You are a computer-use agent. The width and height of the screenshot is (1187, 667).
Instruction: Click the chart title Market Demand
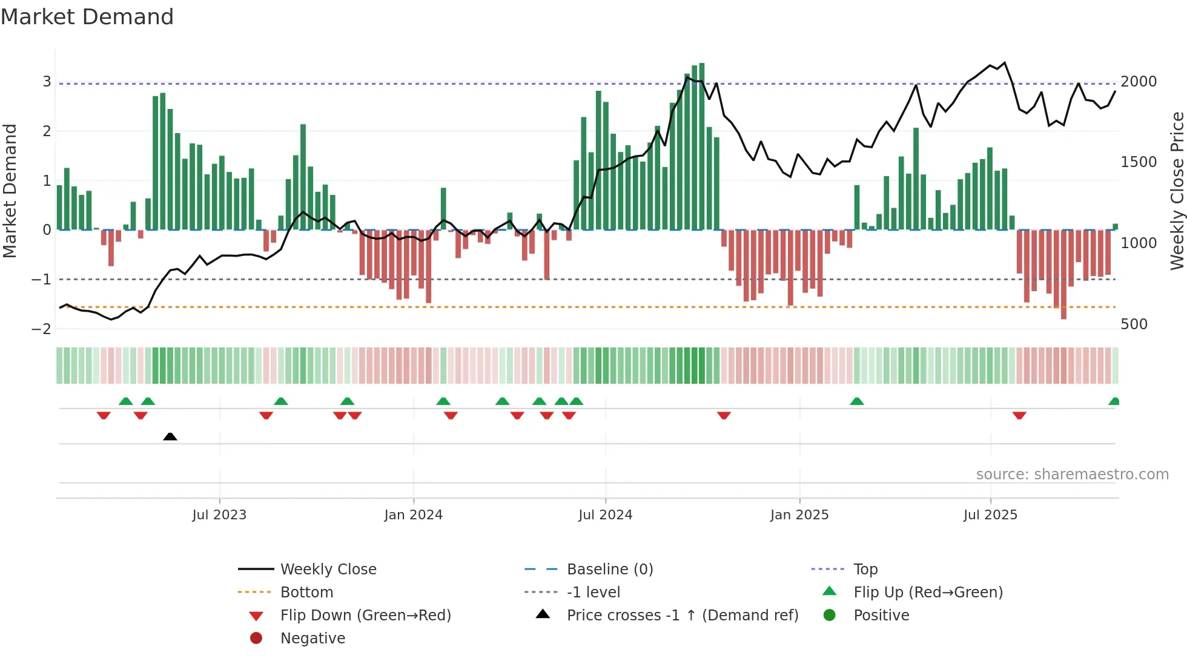[x=87, y=17]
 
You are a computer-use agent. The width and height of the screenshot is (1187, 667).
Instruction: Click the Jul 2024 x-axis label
[x=605, y=515]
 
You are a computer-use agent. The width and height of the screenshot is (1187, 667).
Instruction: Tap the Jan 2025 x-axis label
[x=799, y=515]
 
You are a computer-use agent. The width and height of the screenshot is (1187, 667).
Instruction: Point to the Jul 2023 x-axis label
[x=219, y=515]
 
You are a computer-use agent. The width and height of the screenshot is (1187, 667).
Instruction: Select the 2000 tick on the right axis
[x=1139, y=82]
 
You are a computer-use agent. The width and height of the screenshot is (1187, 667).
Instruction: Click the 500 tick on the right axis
[x=1134, y=324]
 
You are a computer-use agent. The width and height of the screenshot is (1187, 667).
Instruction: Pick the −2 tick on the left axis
[x=41, y=329]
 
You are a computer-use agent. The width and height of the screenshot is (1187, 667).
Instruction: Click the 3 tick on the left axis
[x=47, y=82]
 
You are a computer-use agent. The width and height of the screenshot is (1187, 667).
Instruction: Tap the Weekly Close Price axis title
[x=1177, y=191]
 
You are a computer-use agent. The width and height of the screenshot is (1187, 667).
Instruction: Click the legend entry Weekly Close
[x=328, y=570]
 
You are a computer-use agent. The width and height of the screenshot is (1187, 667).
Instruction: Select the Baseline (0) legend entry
[x=609, y=570]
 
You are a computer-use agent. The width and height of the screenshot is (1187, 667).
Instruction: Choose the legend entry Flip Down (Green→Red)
[x=365, y=616]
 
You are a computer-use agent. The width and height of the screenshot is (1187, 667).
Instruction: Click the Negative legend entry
[x=312, y=639]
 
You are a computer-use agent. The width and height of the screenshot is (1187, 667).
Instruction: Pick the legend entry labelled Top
[x=865, y=570]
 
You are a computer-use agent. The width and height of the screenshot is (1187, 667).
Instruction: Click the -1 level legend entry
[x=593, y=593]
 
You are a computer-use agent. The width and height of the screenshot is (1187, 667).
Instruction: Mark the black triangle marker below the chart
[x=170, y=436]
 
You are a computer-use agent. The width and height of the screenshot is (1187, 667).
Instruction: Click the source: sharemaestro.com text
[x=1072, y=475]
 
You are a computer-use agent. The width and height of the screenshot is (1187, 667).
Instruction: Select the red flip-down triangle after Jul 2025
[x=1019, y=415]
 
